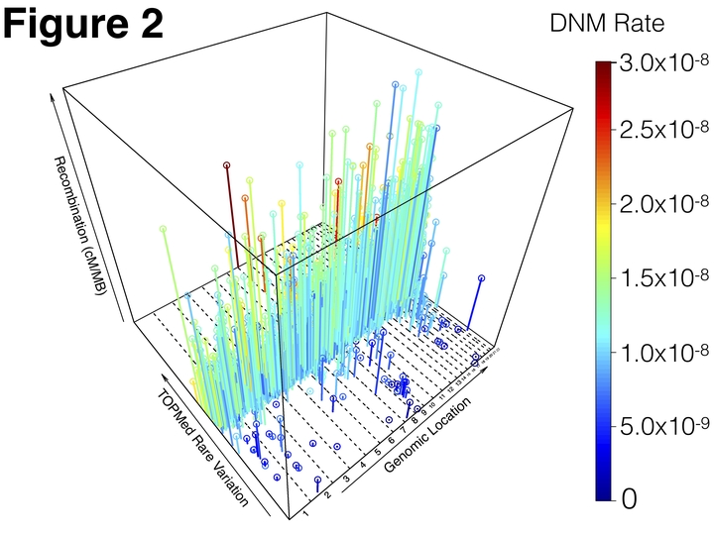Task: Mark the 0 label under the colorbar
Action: click(629, 500)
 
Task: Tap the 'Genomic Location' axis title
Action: click(426, 435)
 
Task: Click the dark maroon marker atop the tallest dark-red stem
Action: click(226, 164)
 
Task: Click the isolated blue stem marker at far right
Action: click(481, 278)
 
